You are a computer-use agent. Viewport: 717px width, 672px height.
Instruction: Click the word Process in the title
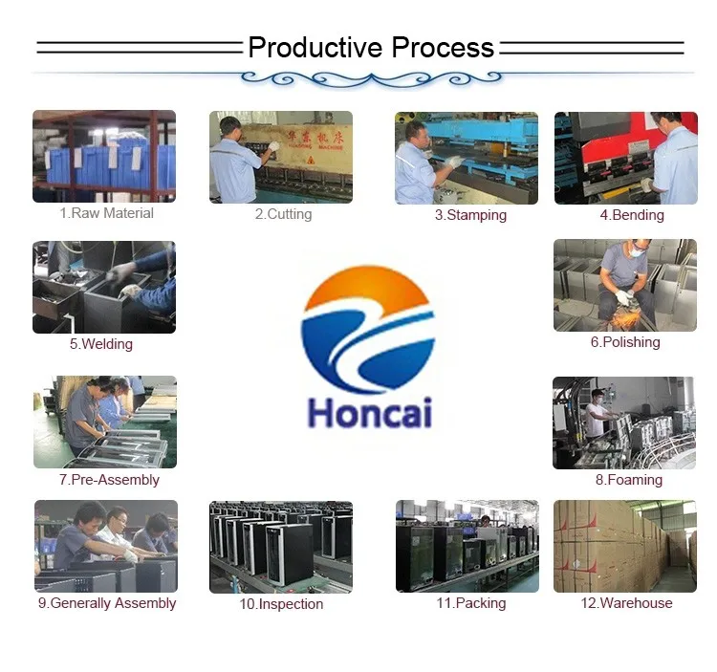pos(443,48)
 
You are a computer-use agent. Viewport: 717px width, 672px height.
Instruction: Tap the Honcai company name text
pos(370,413)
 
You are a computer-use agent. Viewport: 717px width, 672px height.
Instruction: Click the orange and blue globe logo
pos(368,329)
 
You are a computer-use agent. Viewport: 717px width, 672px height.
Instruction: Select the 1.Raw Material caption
pos(106,213)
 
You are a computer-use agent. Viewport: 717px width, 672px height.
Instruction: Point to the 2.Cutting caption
pos(284,214)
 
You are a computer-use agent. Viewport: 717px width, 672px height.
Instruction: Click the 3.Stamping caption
pos(470,215)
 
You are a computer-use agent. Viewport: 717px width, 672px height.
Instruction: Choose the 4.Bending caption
pos(632,215)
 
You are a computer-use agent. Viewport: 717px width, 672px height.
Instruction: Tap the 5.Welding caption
pos(101,344)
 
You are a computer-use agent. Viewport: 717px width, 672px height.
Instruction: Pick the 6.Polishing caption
pos(625,342)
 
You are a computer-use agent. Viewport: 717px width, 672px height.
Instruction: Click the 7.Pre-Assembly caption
pos(109,480)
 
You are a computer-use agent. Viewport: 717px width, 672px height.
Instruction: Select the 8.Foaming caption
pos(629,480)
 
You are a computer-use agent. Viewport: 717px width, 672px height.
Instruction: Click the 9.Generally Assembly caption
pos(107,603)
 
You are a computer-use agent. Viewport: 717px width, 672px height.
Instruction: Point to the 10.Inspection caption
pos(281,604)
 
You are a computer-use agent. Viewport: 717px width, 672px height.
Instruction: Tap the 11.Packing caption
pos(471,603)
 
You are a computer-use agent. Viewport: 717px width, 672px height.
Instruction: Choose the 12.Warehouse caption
pos(626,603)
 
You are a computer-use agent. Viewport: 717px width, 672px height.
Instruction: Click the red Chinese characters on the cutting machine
pos(315,137)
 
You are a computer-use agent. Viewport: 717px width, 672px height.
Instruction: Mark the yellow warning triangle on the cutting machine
pos(311,160)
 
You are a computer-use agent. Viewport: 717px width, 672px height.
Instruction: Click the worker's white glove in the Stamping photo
pos(454,162)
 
